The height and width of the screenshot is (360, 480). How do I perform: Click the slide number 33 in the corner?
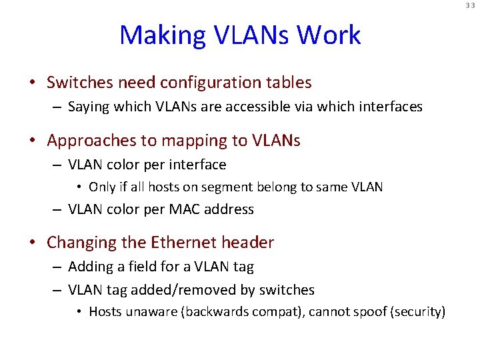471,5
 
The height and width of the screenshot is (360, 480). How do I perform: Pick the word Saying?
89,107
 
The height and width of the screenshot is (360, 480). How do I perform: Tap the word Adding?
91,267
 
